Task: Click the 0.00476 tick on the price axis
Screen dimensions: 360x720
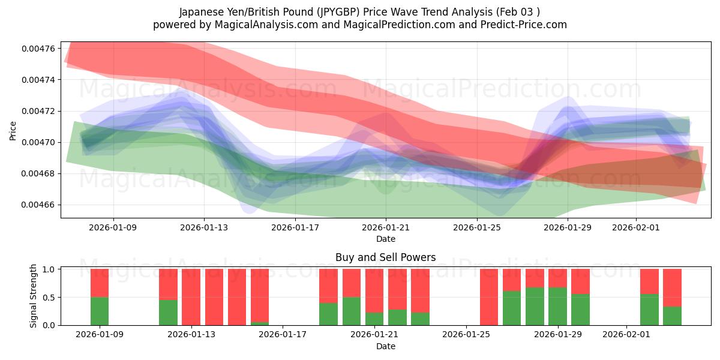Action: (39, 48)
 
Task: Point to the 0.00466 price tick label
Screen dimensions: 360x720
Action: (39, 205)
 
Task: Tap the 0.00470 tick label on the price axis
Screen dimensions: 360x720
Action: (39, 142)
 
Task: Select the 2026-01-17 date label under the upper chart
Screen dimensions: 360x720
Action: (295, 227)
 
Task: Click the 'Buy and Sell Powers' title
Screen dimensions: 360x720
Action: (385, 257)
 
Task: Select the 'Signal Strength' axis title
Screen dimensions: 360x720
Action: (34, 296)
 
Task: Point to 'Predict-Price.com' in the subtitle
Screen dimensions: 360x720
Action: (517, 25)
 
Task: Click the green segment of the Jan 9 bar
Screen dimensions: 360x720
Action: (100, 311)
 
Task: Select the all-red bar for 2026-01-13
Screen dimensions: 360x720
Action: (191, 297)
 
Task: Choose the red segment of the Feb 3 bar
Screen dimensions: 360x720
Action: (672, 287)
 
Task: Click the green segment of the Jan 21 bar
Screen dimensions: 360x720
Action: (374, 319)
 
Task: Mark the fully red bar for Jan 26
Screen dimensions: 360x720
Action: (489, 297)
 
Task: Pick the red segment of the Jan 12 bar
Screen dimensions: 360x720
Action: (168, 284)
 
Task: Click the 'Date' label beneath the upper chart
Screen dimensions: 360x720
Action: (385, 239)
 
